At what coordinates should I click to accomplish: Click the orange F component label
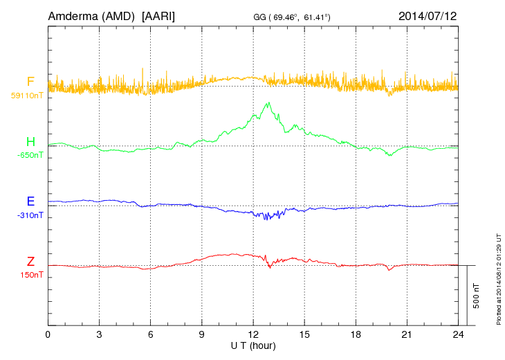click(30, 82)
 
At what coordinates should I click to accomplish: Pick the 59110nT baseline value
click(27, 96)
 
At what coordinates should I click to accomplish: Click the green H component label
click(30, 142)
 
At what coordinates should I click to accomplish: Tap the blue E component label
click(30, 201)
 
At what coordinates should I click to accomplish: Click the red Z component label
click(30, 262)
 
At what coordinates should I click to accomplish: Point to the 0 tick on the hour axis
click(48, 334)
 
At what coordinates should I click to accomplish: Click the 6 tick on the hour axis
click(151, 334)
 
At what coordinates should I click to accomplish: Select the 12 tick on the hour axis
click(253, 334)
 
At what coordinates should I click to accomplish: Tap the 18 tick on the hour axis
click(356, 334)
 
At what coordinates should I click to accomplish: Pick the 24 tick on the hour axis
click(458, 334)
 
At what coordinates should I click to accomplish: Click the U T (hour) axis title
click(253, 345)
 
